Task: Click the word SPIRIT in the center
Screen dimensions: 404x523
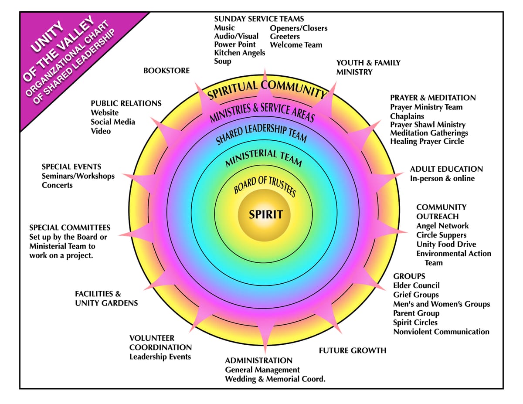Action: click(265, 214)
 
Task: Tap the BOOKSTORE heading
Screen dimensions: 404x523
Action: click(166, 71)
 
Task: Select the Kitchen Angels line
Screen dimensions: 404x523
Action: click(239, 53)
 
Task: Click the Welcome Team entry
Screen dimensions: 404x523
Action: click(296, 45)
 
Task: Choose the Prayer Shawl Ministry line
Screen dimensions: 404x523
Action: click(428, 125)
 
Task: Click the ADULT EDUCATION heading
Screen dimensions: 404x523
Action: click(446, 169)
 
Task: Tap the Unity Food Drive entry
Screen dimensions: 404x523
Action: click(446, 244)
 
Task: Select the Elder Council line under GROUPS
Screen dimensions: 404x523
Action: click(416, 285)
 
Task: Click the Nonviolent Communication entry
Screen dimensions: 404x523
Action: click(441, 332)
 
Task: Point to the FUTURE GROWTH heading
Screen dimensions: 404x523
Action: click(352, 350)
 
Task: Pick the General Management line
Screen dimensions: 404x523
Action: click(262, 370)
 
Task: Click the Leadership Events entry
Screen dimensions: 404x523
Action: click(160, 357)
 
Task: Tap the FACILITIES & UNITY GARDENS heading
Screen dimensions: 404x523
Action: click(106, 299)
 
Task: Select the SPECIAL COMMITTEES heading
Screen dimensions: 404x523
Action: click(70, 227)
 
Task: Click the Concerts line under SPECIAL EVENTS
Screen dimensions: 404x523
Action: click(57, 185)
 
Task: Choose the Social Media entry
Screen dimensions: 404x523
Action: click(113, 122)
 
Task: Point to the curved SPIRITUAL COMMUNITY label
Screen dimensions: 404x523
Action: click(267, 87)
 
